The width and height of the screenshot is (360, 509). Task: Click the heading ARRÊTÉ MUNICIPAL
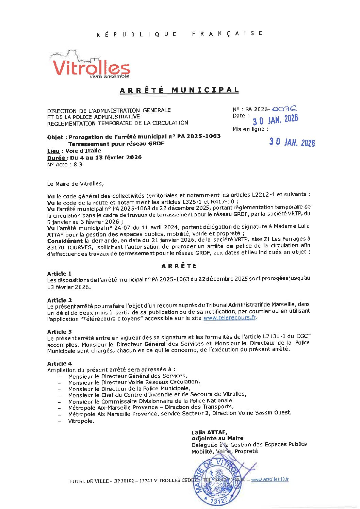[x=179, y=90]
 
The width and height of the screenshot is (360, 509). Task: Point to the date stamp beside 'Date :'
[x=275, y=119]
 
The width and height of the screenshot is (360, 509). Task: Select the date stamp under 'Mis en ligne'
[x=292, y=142]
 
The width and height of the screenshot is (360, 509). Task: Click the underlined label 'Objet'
[x=55, y=137]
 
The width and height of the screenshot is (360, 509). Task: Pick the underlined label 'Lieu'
[x=53, y=151]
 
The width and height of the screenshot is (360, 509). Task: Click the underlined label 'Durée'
[x=56, y=158]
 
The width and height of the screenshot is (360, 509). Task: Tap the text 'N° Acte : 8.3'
[x=65, y=165]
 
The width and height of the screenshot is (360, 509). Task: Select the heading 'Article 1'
[x=60, y=274]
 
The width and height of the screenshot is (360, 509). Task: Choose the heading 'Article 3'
[x=60, y=332]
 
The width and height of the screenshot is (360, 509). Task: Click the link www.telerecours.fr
[x=230, y=318]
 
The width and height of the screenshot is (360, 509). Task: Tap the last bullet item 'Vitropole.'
[x=81, y=421]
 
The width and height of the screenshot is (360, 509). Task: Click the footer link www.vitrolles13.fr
[x=270, y=479]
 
